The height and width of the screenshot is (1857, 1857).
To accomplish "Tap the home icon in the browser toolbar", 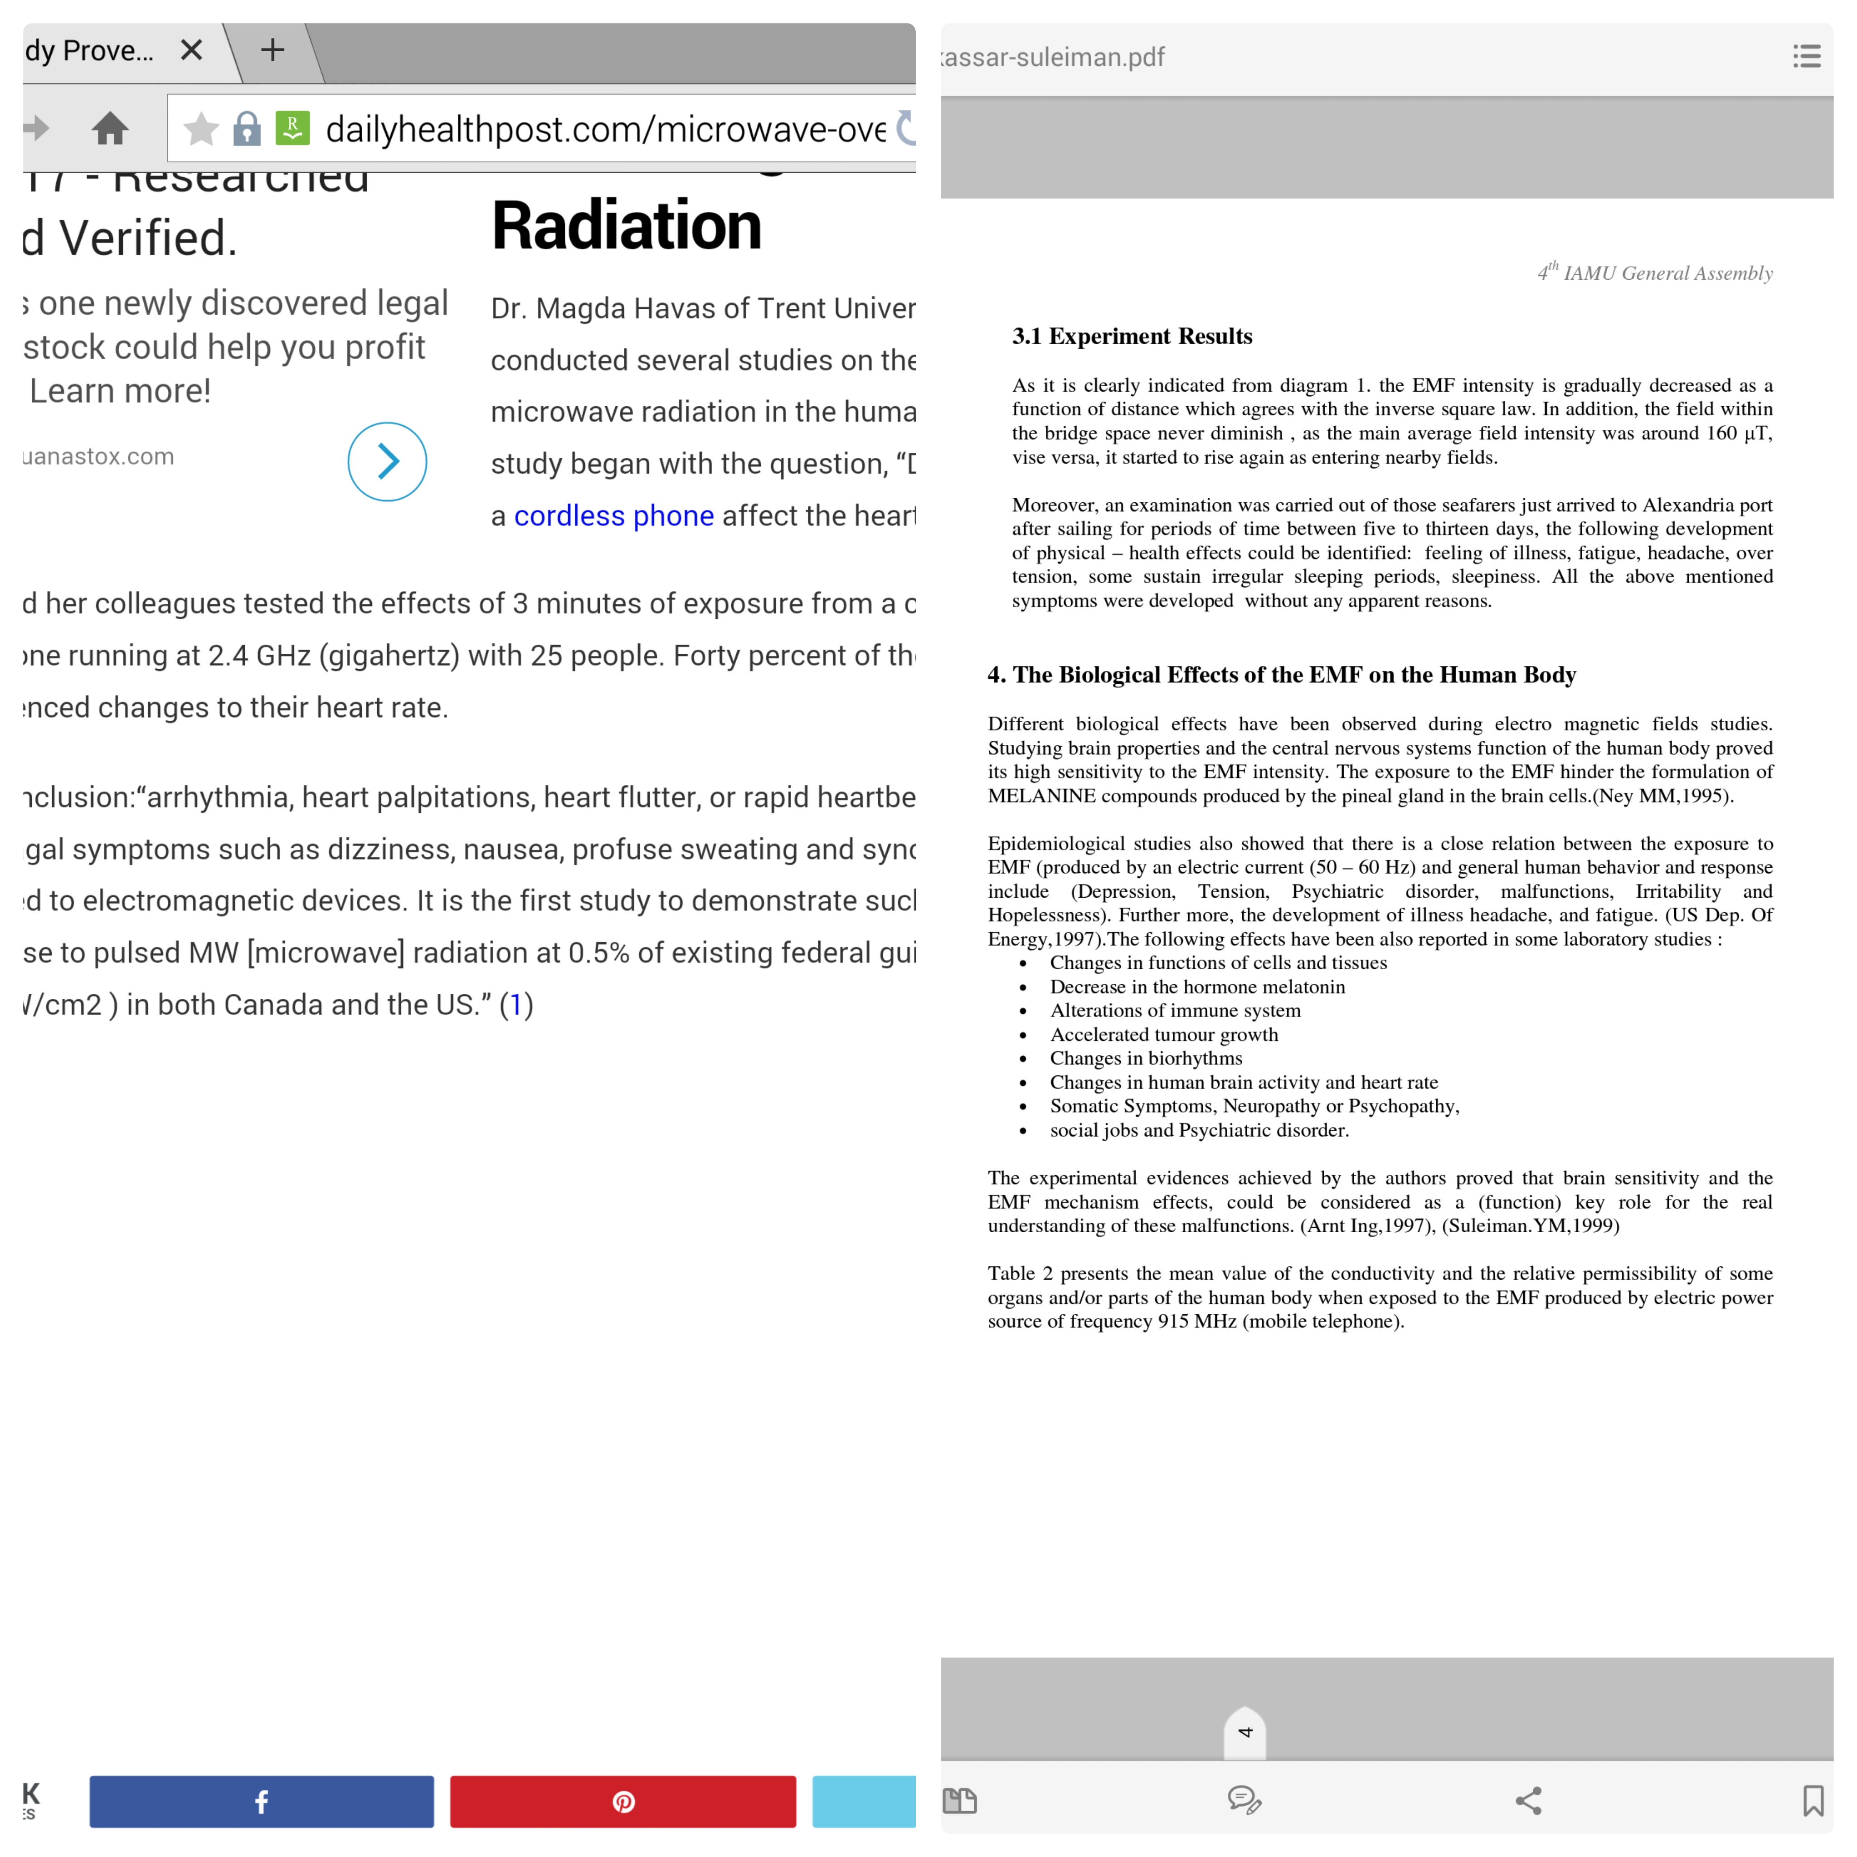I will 111,128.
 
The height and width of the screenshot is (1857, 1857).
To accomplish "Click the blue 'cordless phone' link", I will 613,516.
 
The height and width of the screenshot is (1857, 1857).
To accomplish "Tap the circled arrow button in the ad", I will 387,462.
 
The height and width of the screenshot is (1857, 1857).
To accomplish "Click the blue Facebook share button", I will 262,1801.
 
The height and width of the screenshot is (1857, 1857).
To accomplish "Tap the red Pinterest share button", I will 623,1801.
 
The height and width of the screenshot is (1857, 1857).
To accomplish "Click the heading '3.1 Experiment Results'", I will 1131,336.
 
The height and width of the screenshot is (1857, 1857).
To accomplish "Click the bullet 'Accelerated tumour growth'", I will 1163,1034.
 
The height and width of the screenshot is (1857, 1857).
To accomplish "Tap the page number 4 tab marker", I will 1245,1732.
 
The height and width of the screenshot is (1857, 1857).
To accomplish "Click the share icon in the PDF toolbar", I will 1528,1800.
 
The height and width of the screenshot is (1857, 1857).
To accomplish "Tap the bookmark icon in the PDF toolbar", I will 1813,1800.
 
